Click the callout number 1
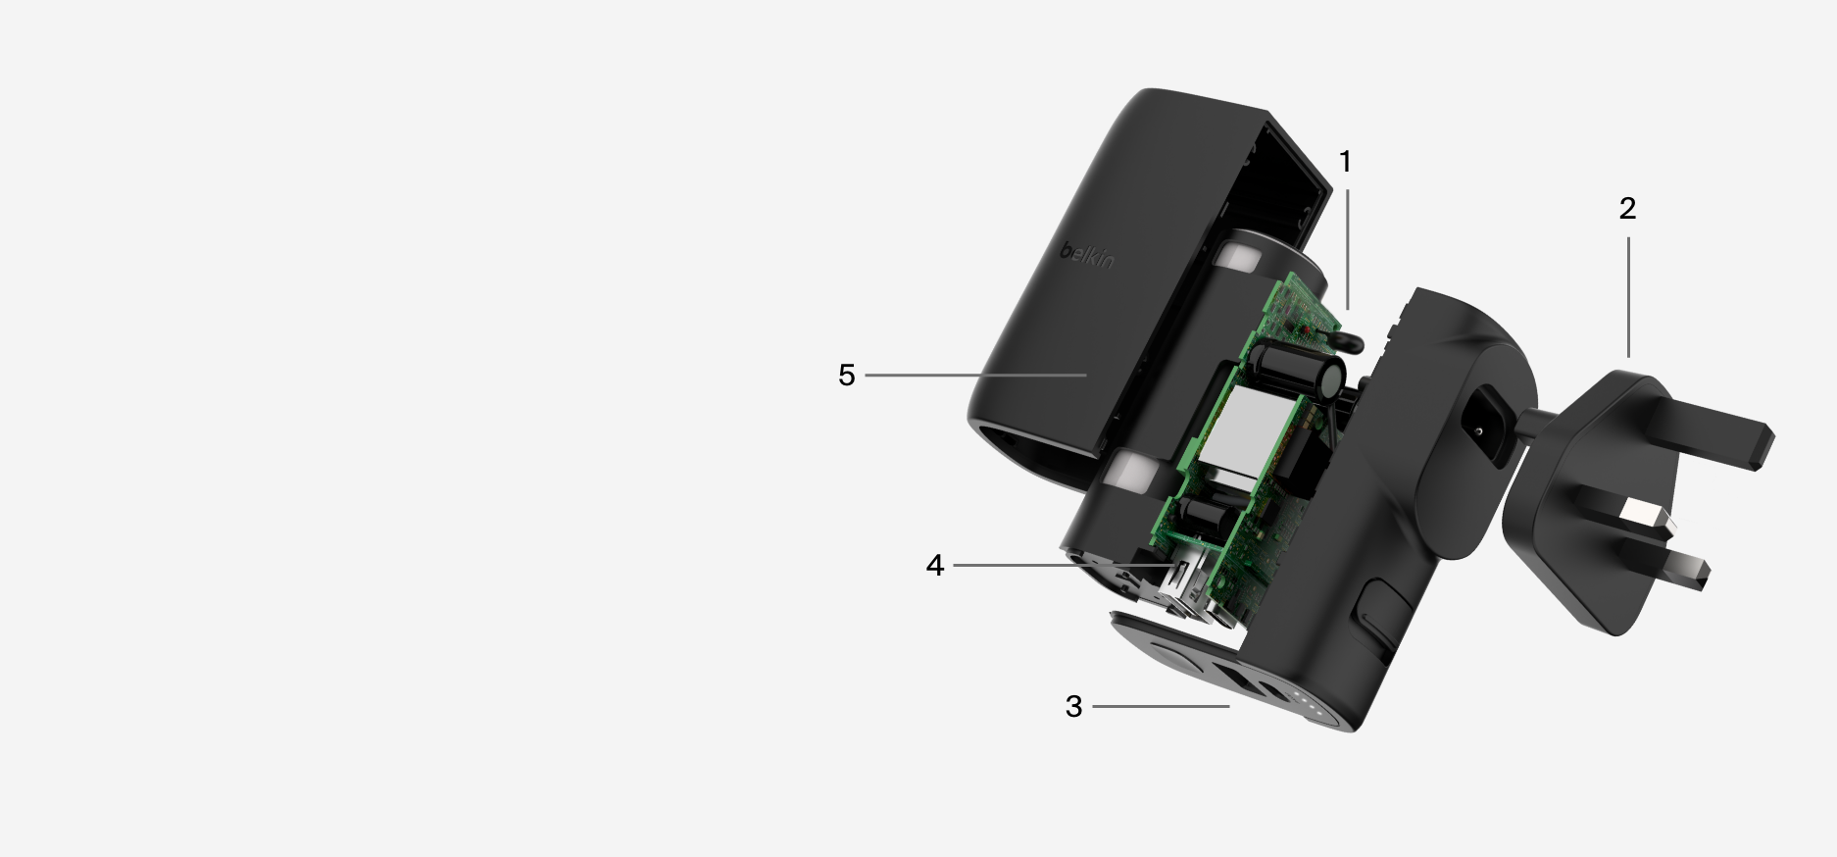pyautogui.click(x=1345, y=162)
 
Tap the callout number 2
pyautogui.click(x=1627, y=209)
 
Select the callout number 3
pyautogui.click(x=1073, y=706)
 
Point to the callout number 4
pyautogui.click(x=934, y=566)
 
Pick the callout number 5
pyautogui.click(x=846, y=375)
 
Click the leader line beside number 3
pyautogui.click(x=1161, y=706)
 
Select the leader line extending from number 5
pyautogui.click(x=975, y=375)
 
